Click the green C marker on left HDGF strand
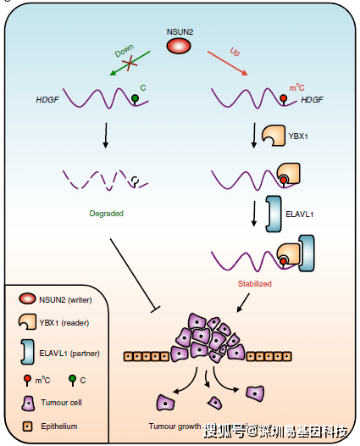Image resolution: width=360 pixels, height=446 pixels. pyautogui.click(x=135, y=98)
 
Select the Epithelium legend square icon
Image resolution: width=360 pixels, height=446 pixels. pyautogui.click(x=28, y=426)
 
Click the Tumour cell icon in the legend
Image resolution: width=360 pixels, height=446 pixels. pyautogui.click(x=28, y=404)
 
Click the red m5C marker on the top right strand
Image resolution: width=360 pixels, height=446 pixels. pyautogui.click(x=284, y=98)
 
